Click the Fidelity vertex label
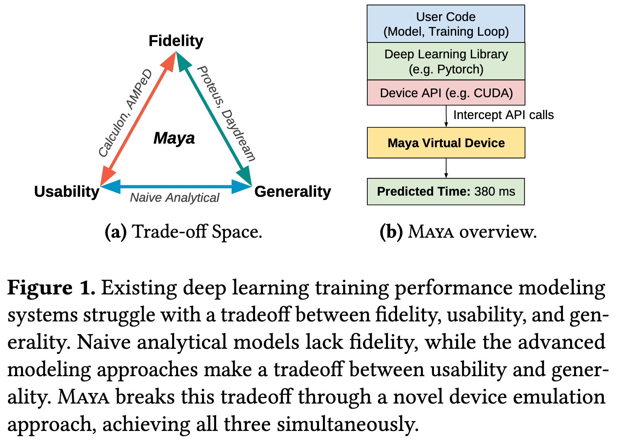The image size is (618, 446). coord(176,41)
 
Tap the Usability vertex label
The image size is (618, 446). coord(67,192)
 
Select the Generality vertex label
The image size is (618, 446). coord(292,192)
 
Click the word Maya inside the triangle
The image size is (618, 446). coord(174,138)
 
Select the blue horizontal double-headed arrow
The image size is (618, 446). coord(176,186)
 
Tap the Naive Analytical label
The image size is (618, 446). coord(175,198)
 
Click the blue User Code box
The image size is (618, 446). coord(446,24)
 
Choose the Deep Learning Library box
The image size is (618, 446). coord(446,61)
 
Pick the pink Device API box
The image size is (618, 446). coord(446,93)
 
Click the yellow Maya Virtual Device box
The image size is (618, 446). coord(446,143)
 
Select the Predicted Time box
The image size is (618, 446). coord(446,192)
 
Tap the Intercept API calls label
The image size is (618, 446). coord(503,115)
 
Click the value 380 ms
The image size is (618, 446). coord(494,192)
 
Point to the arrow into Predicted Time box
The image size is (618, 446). coord(446,168)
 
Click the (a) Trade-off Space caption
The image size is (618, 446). coord(183,232)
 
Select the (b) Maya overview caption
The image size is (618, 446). coord(458,232)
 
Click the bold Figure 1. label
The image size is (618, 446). coord(51,288)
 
